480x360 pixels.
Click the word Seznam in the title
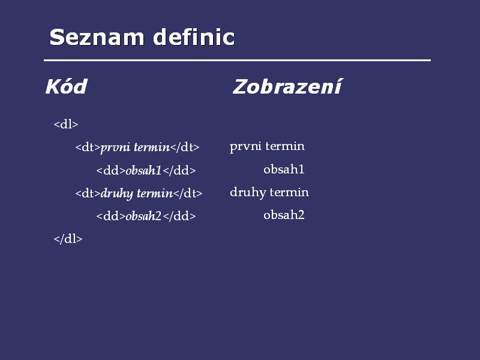pos(97,37)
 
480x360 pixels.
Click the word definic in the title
pos(194,37)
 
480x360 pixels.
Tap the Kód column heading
pos(67,86)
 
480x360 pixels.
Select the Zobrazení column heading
pos(287,86)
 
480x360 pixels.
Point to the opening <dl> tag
pos(66,124)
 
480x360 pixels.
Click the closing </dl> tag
pos(68,239)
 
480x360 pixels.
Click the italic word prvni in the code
pos(115,148)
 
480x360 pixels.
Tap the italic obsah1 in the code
pos(143,170)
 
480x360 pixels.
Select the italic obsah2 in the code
pos(143,216)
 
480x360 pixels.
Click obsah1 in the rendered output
pos(284,169)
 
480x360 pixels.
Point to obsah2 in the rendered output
pos(284,215)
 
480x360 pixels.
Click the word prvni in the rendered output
pos(245,146)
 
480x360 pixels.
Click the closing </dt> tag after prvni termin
pos(185,148)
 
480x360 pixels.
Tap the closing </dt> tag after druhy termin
pos(188,193)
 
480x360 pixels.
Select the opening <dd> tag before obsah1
pos(111,170)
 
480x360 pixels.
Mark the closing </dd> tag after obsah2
pos(179,216)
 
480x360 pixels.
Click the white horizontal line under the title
pos(237,61)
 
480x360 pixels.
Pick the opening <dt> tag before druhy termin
pos(88,193)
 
